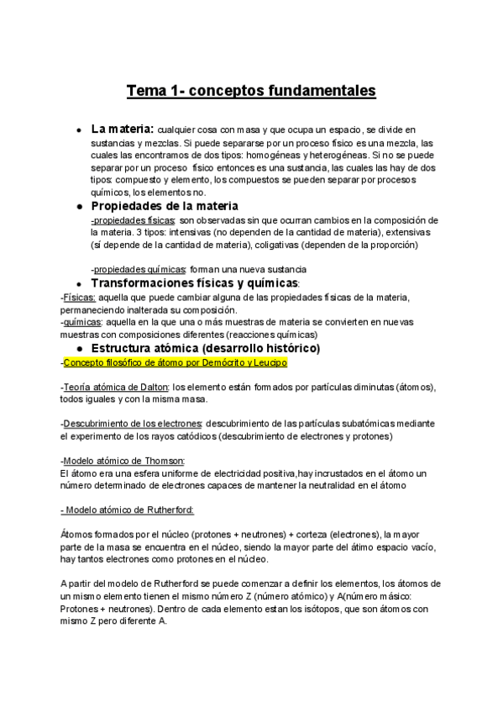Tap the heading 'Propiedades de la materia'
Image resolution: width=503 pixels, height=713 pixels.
(165, 205)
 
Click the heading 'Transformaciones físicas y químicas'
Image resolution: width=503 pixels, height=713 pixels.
(194, 283)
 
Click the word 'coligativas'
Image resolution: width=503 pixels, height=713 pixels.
(300, 245)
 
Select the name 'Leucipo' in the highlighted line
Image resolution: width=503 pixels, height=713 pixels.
(271, 362)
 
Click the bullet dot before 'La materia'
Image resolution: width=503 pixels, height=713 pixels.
(78, 131)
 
